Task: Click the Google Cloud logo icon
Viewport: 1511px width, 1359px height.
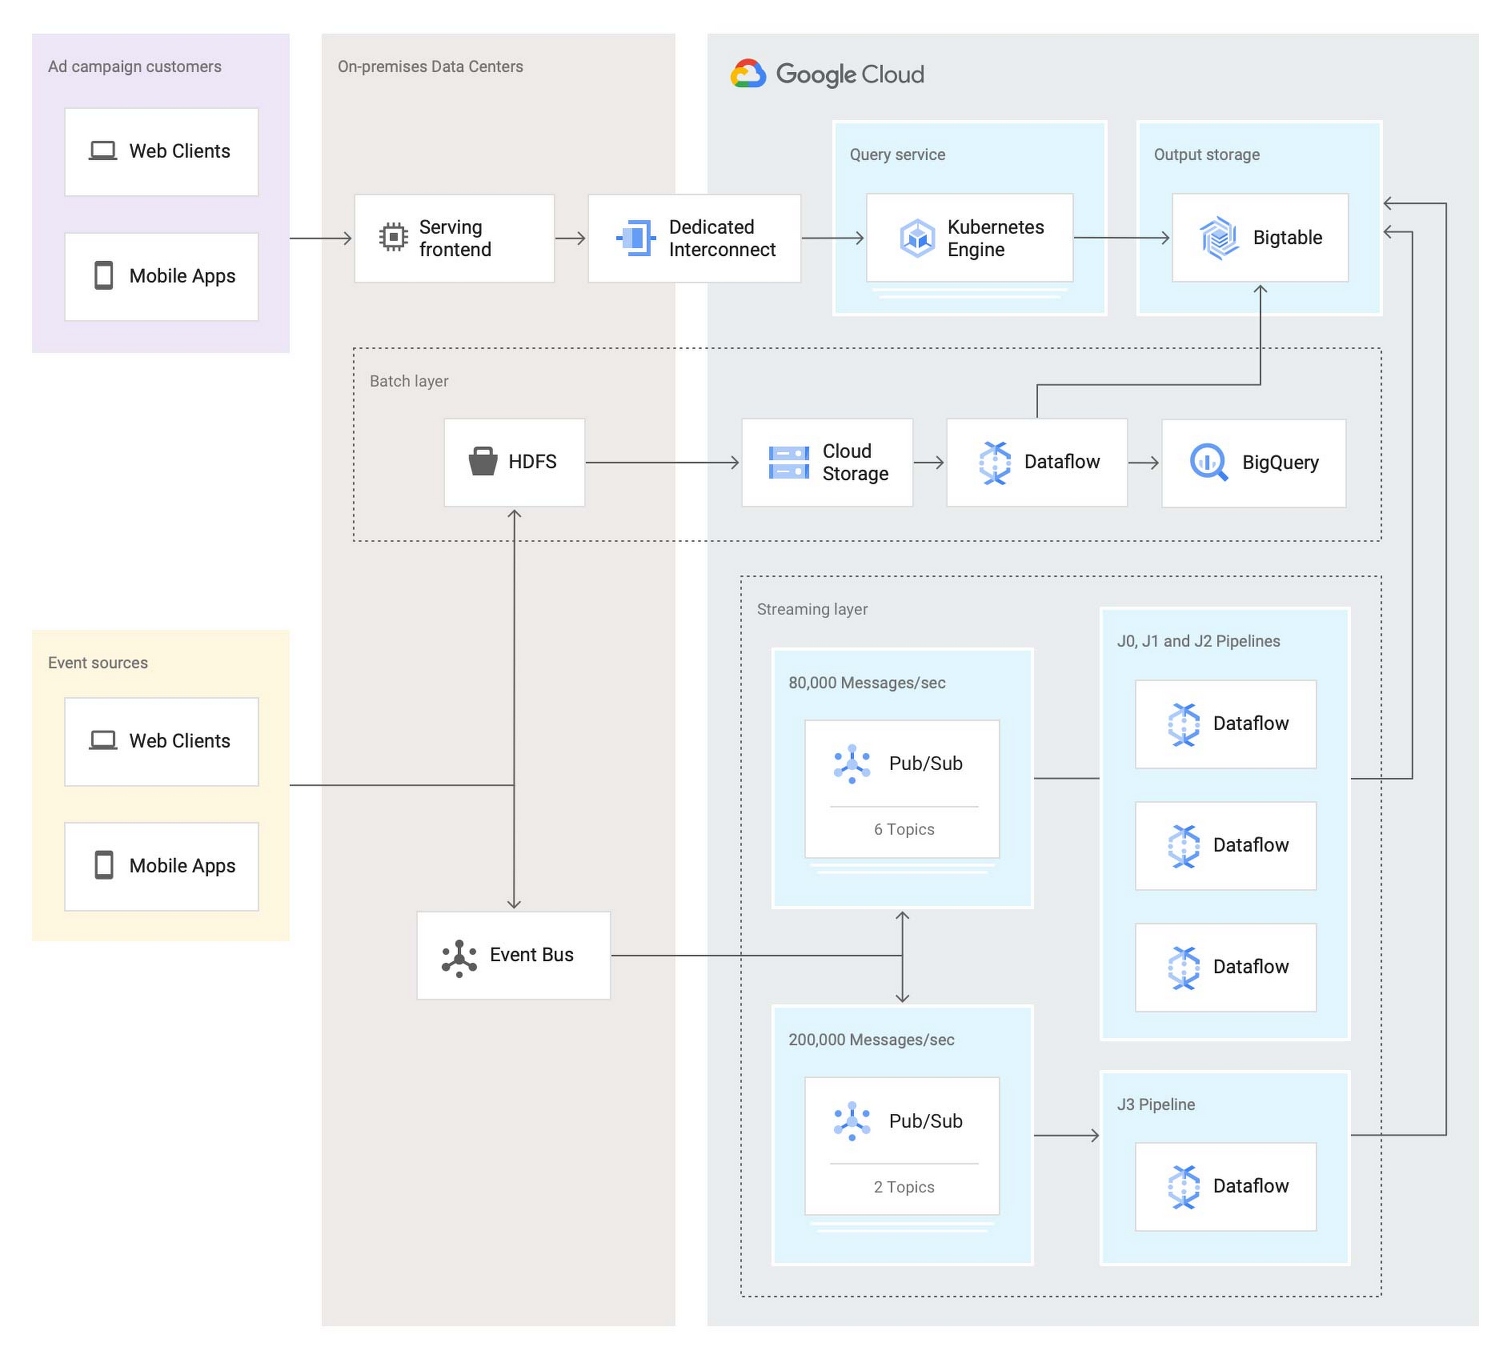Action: (748, 74)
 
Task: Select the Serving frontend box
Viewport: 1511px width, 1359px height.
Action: (454, 238)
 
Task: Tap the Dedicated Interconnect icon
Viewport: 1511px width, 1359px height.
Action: (635, 238)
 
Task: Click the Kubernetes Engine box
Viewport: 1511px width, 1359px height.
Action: (969, 238)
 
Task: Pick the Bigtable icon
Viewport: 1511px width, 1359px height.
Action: (1219, 238)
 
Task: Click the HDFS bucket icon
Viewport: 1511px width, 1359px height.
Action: (482, 461)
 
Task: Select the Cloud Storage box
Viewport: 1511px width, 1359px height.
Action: (826, 462)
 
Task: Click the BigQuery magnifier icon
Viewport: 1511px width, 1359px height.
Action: (1208, 462)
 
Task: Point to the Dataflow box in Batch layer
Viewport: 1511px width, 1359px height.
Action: (1036, 462)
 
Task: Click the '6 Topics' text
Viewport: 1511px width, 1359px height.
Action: (903, 829)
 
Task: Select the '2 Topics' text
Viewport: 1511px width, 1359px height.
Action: (903, 1186)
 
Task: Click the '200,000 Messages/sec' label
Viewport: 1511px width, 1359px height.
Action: (870, 1039)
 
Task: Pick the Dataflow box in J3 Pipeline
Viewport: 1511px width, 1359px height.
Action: (1225, 1186)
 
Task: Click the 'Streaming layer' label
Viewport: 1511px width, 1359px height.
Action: (812, 609)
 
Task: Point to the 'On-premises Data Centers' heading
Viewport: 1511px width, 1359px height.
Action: (430, 66)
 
